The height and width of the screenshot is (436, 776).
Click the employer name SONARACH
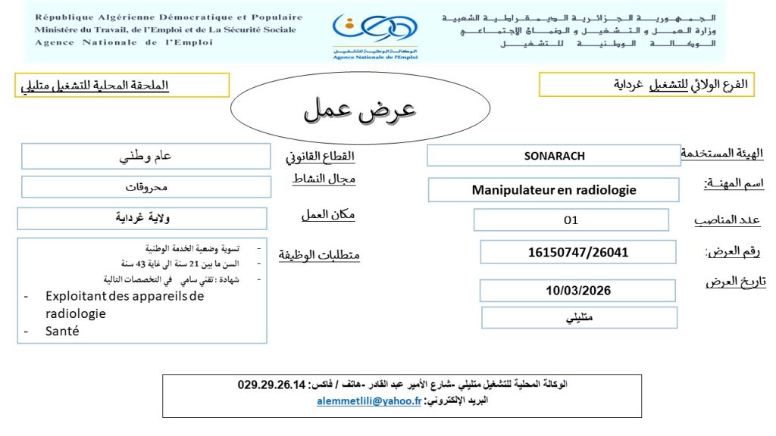click(x=554, y=156)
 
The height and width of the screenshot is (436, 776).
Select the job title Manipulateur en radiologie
click(x=553, y=190)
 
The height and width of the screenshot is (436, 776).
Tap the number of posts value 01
click(x=571, y=220)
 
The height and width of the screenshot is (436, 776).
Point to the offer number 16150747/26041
click(x=577, y=252)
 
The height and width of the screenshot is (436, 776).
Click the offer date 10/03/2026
click(x=577, y=290)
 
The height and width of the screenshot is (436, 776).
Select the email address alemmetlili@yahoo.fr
click(x=368, y=402)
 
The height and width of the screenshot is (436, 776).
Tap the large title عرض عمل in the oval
click(x=360, y=110)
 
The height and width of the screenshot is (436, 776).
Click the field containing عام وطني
click(x=146, y=157)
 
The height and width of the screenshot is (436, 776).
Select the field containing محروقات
click(x=146, y=186)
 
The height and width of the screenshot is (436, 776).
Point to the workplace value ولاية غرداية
click(x=142, y=219)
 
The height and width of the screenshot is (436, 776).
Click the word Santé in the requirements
click(x=62, y=331)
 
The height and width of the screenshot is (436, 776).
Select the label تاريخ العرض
click(x=735, y=282)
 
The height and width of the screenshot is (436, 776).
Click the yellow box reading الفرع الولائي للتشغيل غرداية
click(x=649, y=85)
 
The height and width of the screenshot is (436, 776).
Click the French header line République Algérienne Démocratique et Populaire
click(x=168, y=17)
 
